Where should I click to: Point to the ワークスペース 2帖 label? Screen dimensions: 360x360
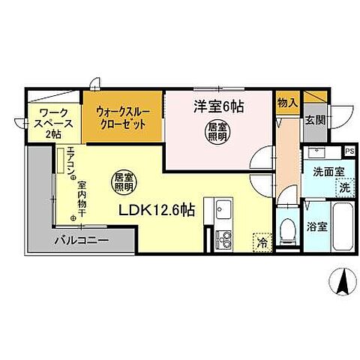[49, 123]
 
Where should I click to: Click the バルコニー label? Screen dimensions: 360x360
[81, 241]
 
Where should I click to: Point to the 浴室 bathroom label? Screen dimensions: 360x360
[315, 224]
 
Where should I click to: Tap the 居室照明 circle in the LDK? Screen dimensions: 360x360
[124, 181]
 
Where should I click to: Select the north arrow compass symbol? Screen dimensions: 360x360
[341, 283]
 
